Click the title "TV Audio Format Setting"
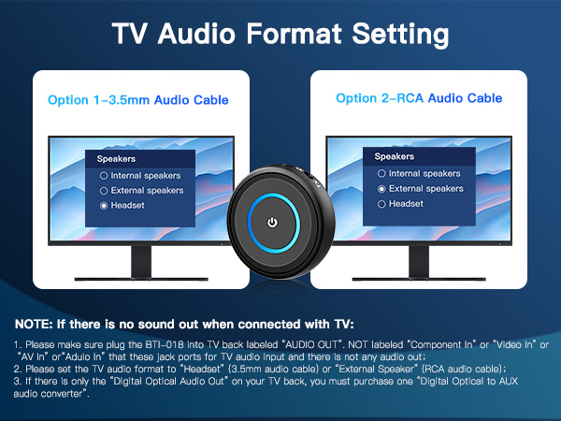pos(280,36)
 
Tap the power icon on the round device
pos(272,223)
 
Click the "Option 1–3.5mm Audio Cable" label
pos(137,99)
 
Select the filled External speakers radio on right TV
pos(381,188)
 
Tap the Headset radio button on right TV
pos(381,203)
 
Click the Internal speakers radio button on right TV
pos(381,173)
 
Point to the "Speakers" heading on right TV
pos(394,156)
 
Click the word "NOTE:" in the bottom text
pos(36,324)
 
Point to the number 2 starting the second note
pos(18,370)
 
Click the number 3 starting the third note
pos(18,382)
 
